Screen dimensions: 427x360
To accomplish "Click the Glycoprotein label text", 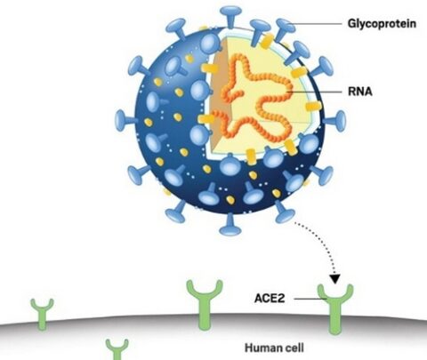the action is coord(382,24).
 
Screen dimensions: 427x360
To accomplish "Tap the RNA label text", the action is coord(360,92).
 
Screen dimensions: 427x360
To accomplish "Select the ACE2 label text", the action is coord(270,298).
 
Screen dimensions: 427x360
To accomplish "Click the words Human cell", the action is coord(274,348).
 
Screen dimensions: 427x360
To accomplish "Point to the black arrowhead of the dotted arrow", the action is coord(335,279).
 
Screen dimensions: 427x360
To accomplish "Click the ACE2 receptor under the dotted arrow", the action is coord(335,308).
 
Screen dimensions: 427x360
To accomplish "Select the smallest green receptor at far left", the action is coord(43,314).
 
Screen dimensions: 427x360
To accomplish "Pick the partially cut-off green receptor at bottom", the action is coord(117,349).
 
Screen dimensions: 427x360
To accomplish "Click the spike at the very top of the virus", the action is coord(231,16).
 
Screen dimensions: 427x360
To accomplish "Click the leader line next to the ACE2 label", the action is coord(310,299).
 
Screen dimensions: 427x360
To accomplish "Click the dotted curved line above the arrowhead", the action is coord(323,243).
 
